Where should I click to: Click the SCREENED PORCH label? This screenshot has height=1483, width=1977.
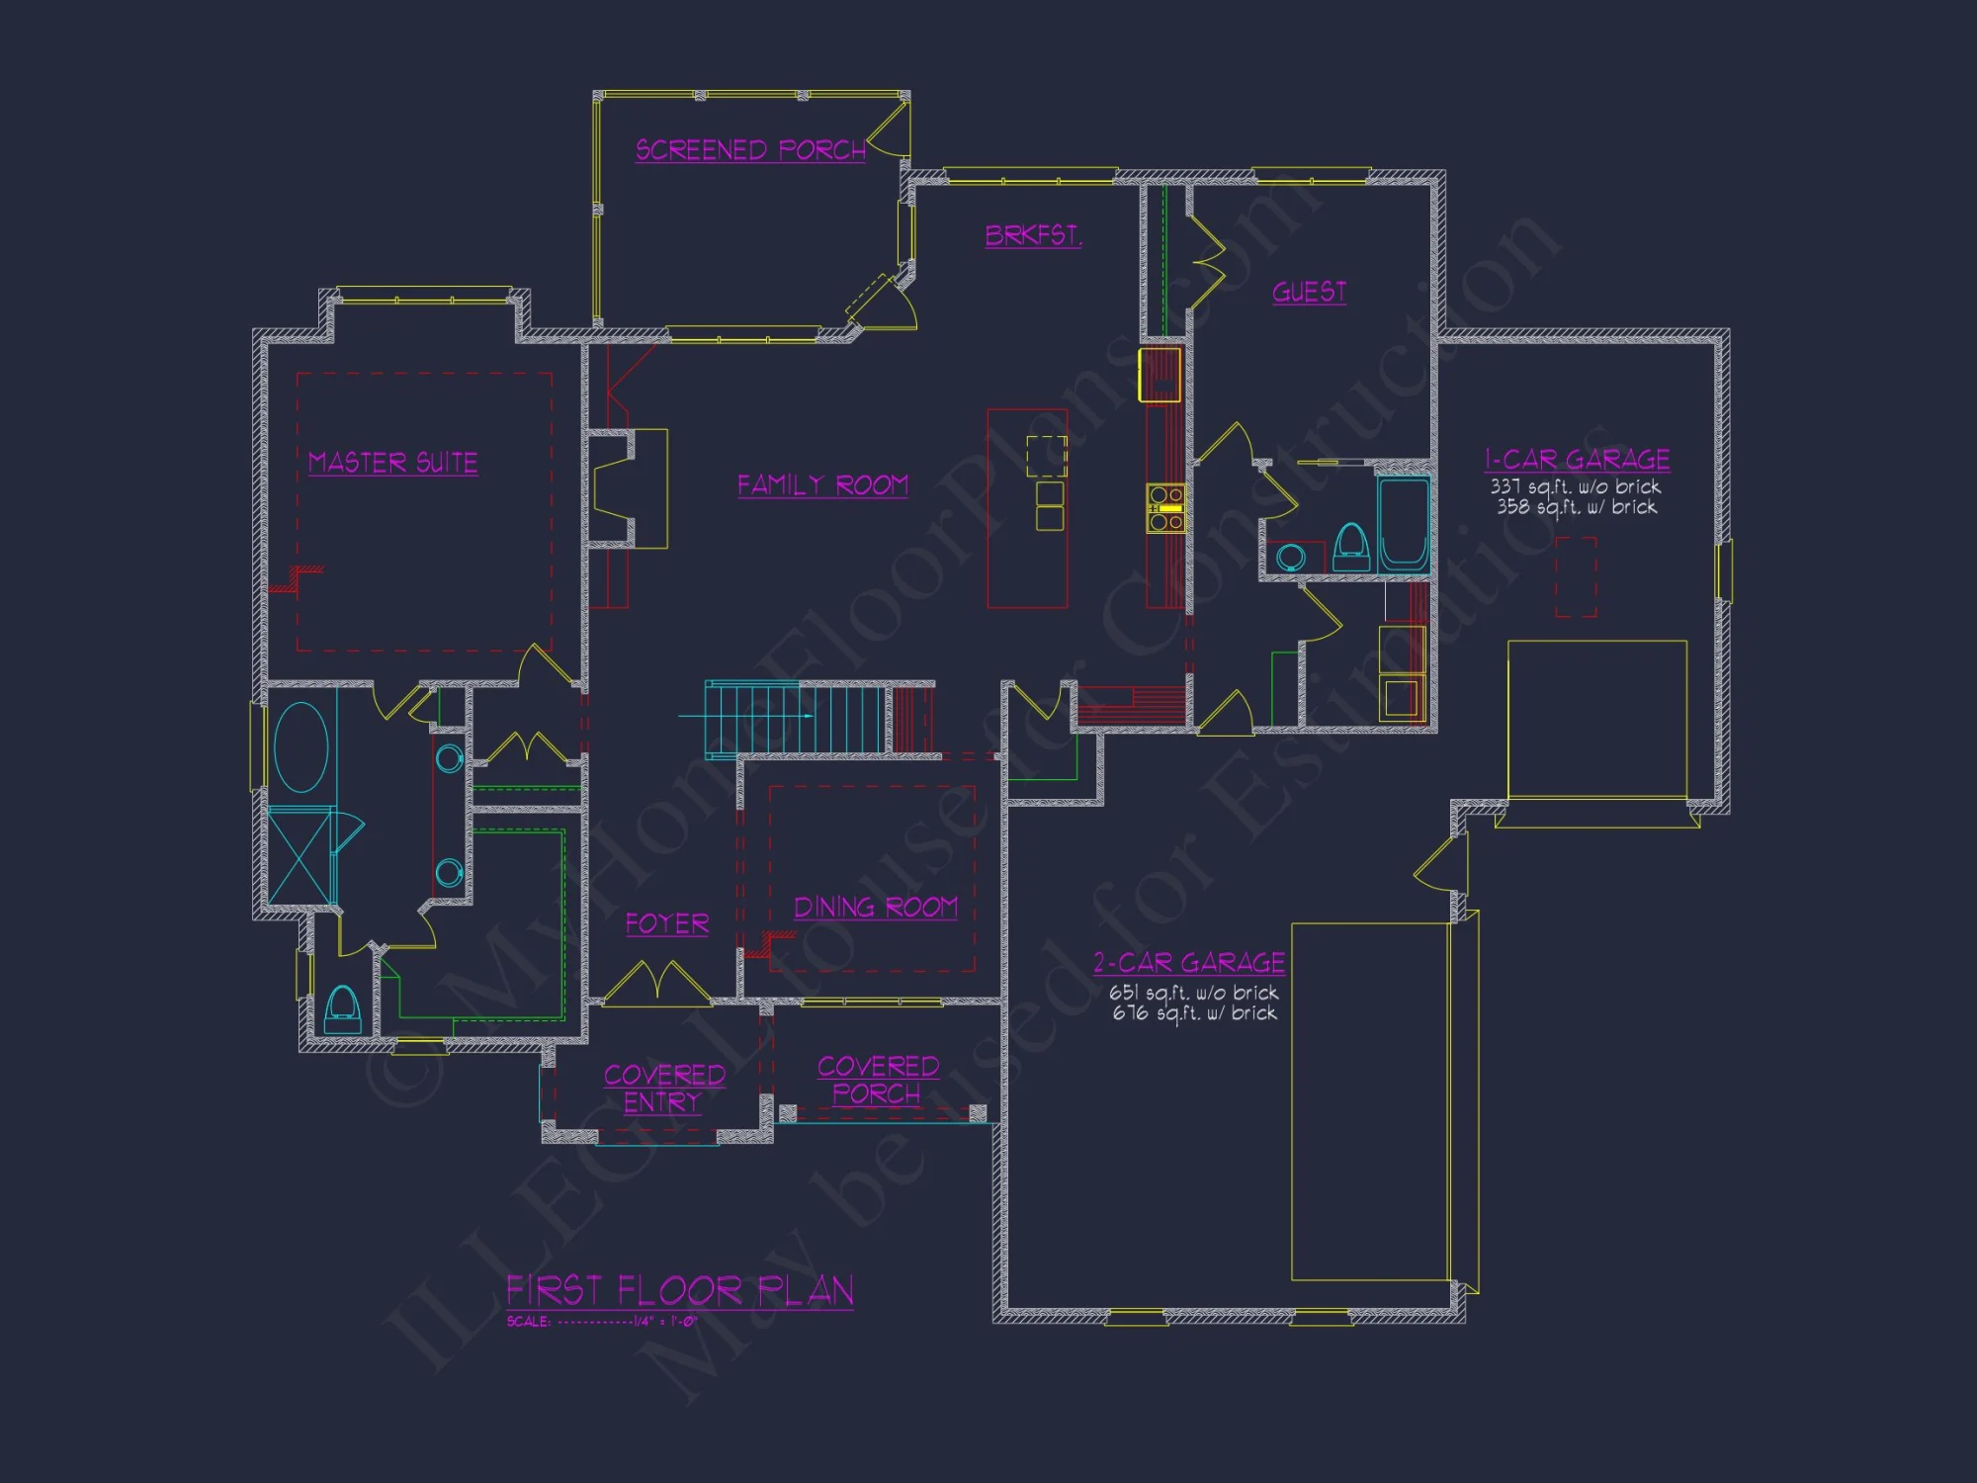(x=750, y=150)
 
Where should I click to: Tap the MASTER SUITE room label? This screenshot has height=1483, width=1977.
(x=392, y=463)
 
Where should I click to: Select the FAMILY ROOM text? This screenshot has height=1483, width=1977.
(x=822, y=485)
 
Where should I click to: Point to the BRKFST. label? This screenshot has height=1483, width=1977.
(x=1033, y=235)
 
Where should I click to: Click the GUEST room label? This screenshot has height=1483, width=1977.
(x=1309, y=292)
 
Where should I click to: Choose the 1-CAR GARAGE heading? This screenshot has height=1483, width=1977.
(x=1577, y=460)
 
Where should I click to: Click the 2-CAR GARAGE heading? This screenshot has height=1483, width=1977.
(x=1189, y=962)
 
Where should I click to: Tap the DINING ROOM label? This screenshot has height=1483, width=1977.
(x=876, y=908)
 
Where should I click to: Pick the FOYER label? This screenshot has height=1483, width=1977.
(x=667, y=923)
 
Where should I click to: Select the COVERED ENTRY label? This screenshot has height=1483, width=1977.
(x=663, y=1089)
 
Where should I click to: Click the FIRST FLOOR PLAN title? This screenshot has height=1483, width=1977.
(x=680, y=1290)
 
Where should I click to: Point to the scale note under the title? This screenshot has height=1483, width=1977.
(x=602, y=1322)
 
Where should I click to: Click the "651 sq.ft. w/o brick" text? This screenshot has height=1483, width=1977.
(x=1193, y=993)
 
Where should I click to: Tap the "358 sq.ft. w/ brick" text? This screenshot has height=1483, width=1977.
(x=1577, y=507)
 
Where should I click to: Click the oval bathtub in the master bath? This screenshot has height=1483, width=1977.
(x=301, y=746)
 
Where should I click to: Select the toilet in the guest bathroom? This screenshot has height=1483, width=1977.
(x=1351, y=548)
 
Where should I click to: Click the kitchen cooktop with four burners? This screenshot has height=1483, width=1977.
(x=1165, y=508)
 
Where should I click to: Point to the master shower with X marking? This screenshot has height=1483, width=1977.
(x=300, y=855)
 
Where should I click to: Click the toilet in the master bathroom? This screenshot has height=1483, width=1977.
(x=342, y=1008)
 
